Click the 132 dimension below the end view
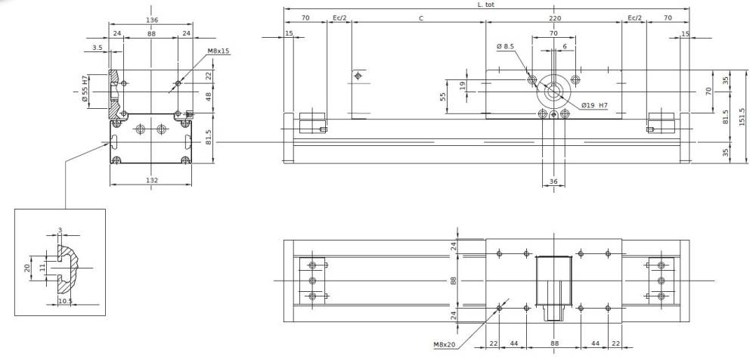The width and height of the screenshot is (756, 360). [x=152, y=180]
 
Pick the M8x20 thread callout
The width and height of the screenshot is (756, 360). [x=445, y=345]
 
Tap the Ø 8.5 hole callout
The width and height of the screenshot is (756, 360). [x=505, y=47]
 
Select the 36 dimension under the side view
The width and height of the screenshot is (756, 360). [x=553, y=181]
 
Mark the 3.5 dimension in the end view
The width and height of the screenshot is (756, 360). [x=98, y=48]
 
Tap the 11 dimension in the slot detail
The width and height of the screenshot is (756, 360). [x=43, y=267]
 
